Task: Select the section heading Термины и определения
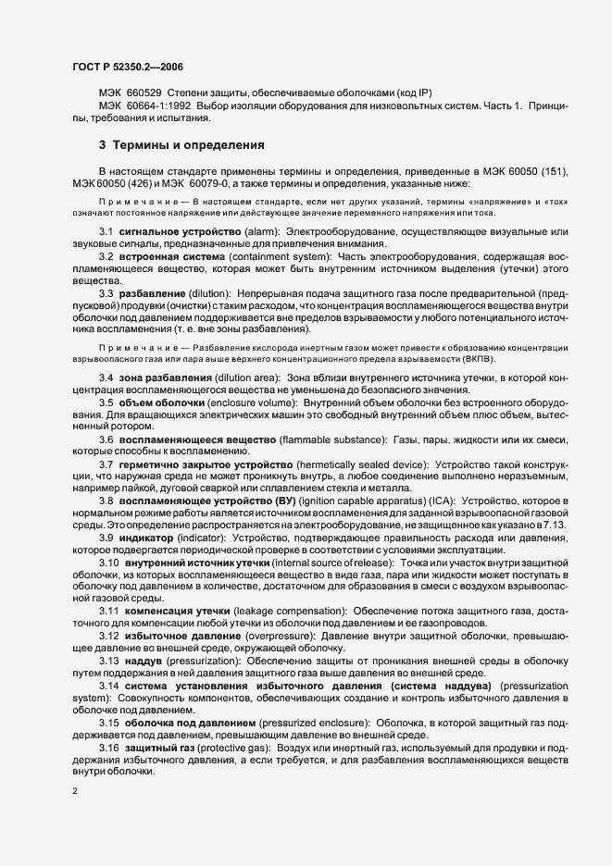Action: coord(181,145)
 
